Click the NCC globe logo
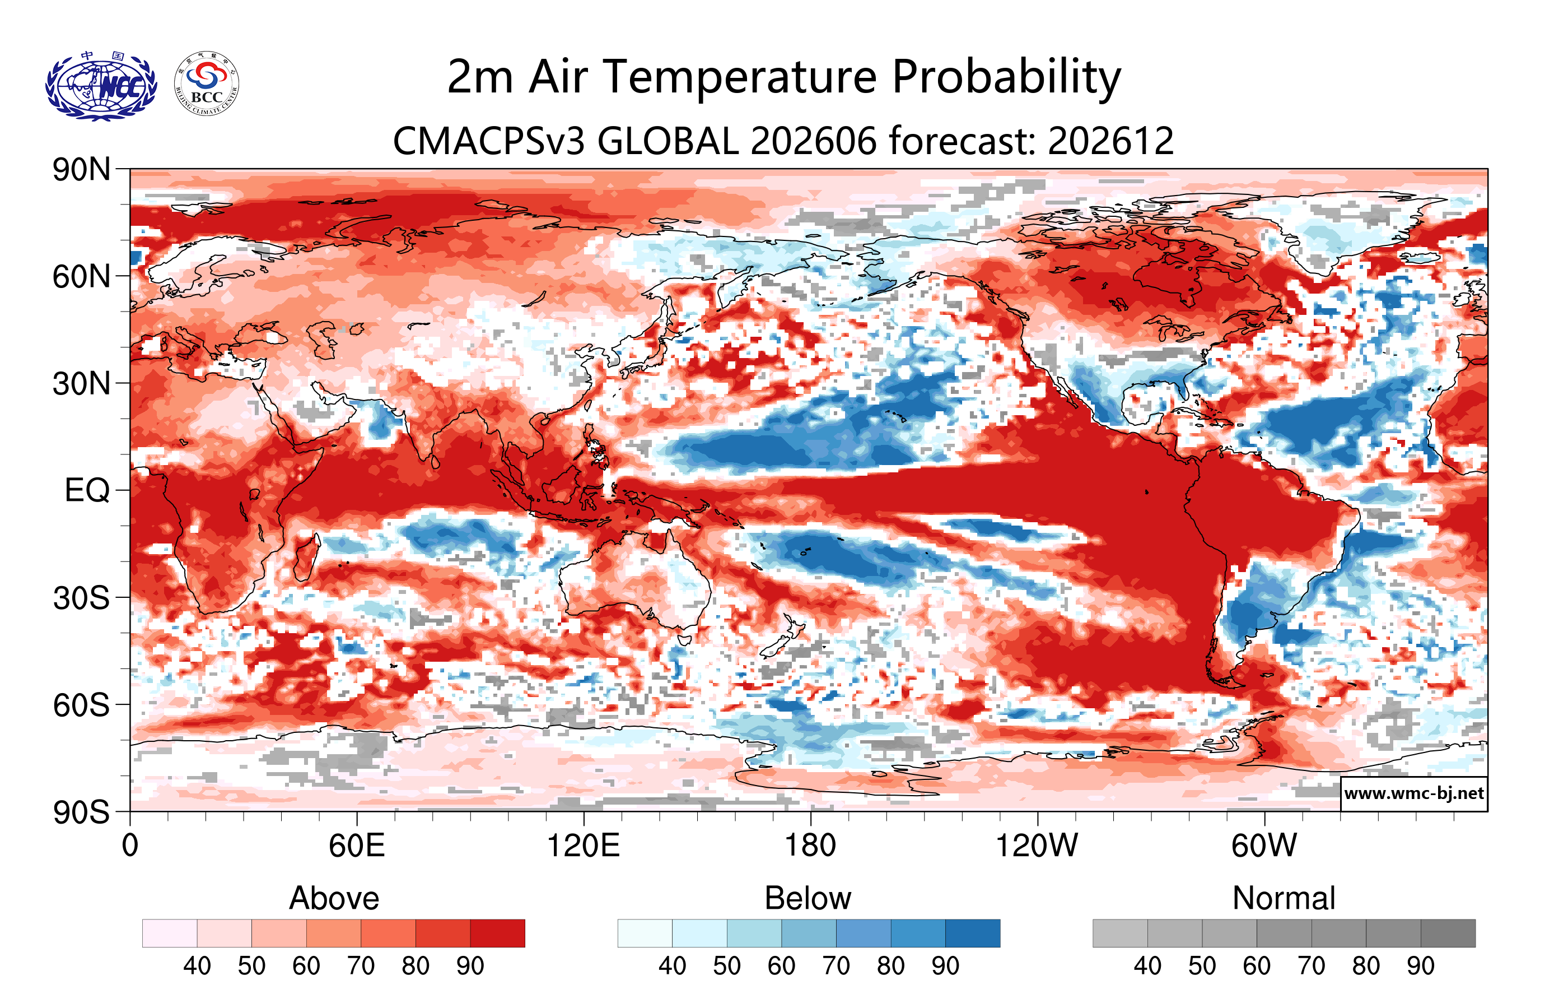101,85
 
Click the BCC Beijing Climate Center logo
207,84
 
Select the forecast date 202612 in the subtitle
1111,141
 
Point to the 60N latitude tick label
81,277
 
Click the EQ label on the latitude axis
87,490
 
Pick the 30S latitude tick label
81,598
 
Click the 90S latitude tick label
81,812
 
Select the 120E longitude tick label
584,846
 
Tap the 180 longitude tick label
810,846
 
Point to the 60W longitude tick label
1264,846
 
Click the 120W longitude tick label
1037,846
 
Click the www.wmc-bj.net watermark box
1413,793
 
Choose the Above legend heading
334,898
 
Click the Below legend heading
808,898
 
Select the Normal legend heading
1284,898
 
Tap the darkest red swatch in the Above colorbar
497,933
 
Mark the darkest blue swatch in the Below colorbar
973,933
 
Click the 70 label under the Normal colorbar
1312,966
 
